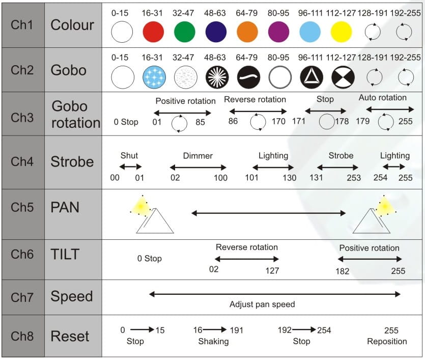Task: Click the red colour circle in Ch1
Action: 153,32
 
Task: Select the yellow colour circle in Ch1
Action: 342,32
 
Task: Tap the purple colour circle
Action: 278,32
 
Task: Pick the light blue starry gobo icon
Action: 154,77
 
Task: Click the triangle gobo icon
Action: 311,77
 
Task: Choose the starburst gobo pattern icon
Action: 217,77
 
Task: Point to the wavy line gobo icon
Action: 248,77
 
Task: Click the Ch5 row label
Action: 22,207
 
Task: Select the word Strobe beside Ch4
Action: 72,161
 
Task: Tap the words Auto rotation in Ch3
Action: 382,98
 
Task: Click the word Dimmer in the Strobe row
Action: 198,156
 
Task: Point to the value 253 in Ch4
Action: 354,178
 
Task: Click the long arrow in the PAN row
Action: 269,213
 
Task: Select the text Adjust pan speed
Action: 262,304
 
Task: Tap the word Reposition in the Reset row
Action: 387,341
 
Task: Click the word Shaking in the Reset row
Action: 213,341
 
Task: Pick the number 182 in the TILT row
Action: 343,271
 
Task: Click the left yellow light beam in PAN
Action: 140,207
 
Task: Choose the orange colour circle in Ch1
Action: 247,32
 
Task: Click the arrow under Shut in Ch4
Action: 130,167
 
